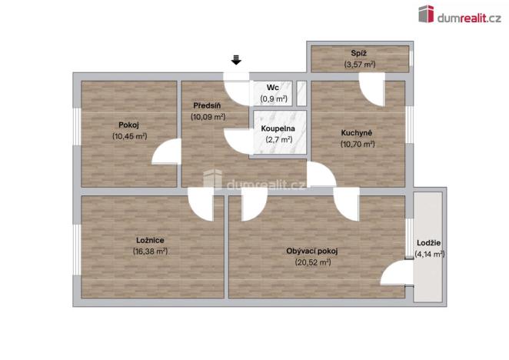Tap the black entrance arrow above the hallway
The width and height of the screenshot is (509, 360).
[x=237, y=59]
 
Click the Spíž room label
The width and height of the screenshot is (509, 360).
[x=359, y=54]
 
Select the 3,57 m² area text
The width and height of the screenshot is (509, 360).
[x=359, y=65]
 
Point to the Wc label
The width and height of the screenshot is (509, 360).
[x=273, y=88]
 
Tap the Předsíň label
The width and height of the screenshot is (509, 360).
[x=208, y=106]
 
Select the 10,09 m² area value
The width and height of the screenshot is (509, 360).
[x=208, y=117]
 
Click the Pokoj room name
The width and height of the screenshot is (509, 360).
[x=128, y=125]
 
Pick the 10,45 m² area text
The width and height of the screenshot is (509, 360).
[x=128, y=136]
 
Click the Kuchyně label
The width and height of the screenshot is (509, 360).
[x=358, y=132]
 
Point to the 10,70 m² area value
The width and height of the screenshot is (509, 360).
[x=358, y=144]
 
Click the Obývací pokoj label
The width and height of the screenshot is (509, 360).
[x=312, y=251]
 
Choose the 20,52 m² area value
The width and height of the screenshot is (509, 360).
[x=312, y=262]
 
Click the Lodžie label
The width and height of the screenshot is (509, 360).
[x=429, y=243]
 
